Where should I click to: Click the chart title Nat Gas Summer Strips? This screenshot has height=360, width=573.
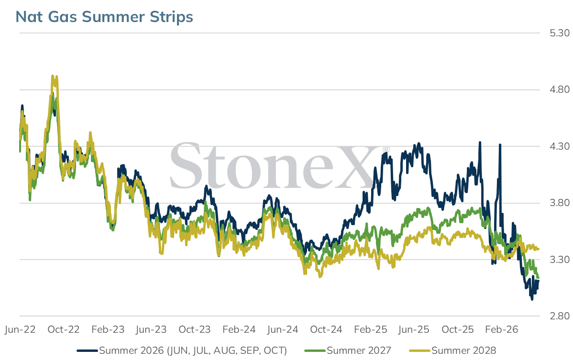[x=104, y=17]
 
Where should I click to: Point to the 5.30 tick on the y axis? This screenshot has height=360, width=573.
[x=560, y=33]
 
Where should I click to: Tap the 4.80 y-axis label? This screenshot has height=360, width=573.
[x=560, y=89]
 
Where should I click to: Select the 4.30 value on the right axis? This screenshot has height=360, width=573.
[x=560, y=146]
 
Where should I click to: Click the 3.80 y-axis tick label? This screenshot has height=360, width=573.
[x=560, y=203]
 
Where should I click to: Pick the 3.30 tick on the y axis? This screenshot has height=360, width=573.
[x=560, y=260]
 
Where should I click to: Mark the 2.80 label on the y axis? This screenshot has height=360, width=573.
[x=560, y=316]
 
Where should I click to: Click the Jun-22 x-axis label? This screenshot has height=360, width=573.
[x=20, y=329]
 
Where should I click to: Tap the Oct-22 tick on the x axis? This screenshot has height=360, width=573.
[x=64, y=329]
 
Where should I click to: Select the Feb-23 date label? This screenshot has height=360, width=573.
[x=108, y=329]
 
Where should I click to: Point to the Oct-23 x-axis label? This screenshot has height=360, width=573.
[x=195, y=329]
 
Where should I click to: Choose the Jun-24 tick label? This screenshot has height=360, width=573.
[x=283, y=329]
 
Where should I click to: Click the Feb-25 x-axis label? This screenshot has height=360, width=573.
[x=371, y=329]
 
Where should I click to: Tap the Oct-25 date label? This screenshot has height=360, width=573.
[x=458, y=329]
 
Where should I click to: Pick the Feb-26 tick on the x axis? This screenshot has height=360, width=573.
[x=502, y=329]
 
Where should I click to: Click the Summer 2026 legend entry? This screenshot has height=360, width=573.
[x=182, y=350]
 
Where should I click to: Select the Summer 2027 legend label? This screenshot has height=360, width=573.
[x=348, y=350]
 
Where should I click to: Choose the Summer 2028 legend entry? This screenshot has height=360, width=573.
[x=452, y=350]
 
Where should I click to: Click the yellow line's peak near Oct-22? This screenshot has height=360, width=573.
[x=53, y=76]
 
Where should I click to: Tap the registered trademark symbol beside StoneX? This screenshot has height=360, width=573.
[x=386, y=150]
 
